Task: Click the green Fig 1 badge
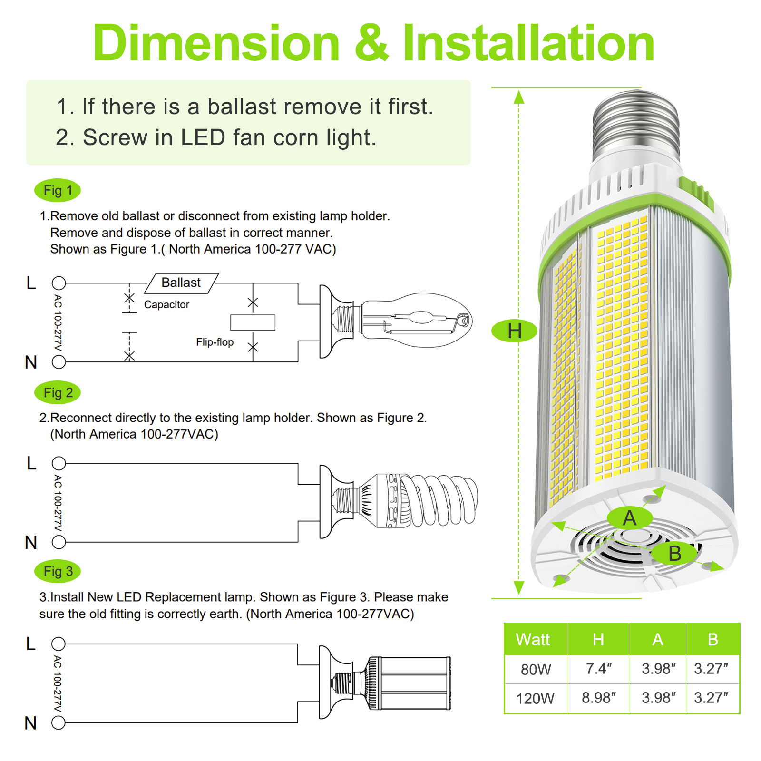(58, 191)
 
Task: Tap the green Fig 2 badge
(58, 393)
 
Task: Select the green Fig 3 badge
(58, 571)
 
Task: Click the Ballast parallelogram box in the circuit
(181, 283)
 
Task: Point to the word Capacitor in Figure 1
(166, 305)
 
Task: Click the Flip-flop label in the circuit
(215, 342)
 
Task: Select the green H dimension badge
(514, 331)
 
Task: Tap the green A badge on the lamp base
(629, 518)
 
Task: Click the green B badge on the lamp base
(674, 554)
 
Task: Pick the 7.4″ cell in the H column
(598, 669)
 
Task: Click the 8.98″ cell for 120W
(598, 698)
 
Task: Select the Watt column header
(533, 640)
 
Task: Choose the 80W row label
(536, 669)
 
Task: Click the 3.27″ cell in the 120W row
(712, 698)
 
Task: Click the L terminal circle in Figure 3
(59, 644)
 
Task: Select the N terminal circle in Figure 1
(59, 362)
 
